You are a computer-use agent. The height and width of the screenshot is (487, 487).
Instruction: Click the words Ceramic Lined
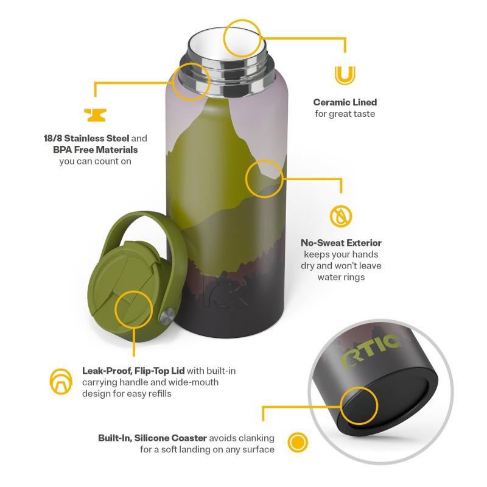(x=345, y=102)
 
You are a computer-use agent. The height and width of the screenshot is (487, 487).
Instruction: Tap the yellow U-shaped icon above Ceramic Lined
(x=345, y=75)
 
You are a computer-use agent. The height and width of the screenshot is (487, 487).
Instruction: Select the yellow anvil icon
(x=96, y=115)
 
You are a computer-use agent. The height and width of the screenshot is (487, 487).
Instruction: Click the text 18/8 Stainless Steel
(x=86, y=138)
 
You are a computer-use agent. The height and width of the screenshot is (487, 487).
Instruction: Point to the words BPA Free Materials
(x=96, y=150)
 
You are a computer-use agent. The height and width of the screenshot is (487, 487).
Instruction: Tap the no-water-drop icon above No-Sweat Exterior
(x=341, y=216)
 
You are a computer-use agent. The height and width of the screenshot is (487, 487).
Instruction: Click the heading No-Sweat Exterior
(x=341, y=243)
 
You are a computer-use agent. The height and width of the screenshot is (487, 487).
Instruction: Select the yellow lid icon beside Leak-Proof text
(x=61, y=382)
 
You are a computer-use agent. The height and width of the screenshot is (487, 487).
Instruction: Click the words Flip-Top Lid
(x=159, y=371)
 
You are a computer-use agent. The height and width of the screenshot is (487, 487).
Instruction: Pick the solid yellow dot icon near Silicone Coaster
(x=298, y=442)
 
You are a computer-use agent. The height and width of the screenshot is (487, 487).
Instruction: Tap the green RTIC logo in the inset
(x=370, y=349)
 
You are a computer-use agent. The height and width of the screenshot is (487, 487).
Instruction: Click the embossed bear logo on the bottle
(x=225, y=290)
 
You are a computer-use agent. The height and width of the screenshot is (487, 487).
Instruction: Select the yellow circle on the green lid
(x=133, y=292)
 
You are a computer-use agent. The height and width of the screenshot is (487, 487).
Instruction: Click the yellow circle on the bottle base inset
(x=359, y=387)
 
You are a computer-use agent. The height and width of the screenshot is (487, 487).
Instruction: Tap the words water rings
(x=341, y=277)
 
